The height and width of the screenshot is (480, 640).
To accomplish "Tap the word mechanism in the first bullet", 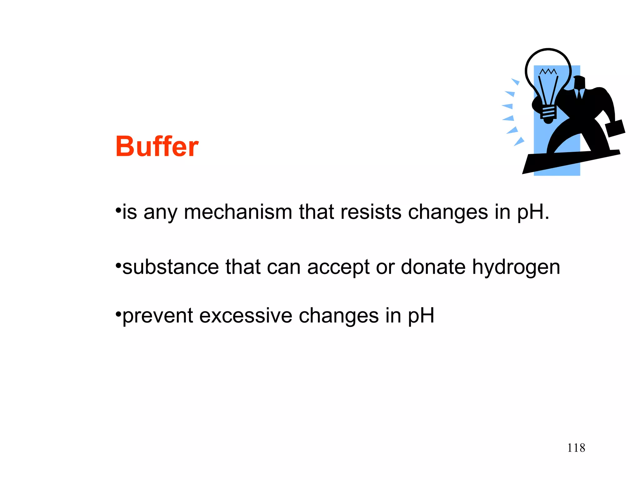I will click(238, 212).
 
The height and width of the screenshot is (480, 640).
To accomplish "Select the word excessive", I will click(245, 316).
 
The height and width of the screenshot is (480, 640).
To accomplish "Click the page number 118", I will click(576, 448).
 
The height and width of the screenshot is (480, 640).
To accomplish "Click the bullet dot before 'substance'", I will click(118, 265).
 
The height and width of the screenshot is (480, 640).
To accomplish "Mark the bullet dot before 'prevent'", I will click(118, 313).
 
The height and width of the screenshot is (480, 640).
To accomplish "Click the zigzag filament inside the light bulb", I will click(548, 72).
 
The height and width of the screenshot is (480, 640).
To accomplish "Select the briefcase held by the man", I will click(615, 128).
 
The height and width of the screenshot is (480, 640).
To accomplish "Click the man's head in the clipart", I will click(579, 82).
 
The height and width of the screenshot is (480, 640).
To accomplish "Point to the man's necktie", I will click(580, 94).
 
